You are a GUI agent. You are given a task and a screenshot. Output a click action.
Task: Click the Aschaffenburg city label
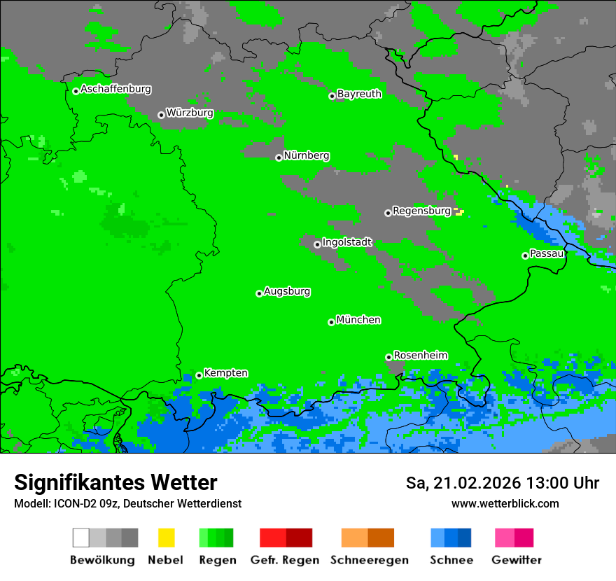115,89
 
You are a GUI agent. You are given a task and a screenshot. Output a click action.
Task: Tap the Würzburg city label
190,113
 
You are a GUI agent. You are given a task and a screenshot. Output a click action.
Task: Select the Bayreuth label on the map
359,94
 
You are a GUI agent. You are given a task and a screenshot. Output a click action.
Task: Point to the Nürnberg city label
307,155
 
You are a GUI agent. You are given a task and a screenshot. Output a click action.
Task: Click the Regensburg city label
421,211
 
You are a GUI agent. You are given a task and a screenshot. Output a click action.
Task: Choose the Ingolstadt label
347,242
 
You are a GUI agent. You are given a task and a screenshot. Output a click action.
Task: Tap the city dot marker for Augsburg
259,293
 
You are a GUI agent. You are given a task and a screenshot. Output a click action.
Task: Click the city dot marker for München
331,322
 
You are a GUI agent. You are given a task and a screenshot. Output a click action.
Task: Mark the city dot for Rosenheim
388,357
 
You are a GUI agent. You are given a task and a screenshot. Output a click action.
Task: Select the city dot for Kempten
199,375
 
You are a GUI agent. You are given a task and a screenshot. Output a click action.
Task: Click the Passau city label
547,253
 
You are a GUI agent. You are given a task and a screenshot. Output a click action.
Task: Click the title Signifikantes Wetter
115,483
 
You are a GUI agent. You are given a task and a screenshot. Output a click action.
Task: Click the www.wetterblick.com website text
505,503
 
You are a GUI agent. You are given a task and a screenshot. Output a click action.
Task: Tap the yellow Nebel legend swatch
166,538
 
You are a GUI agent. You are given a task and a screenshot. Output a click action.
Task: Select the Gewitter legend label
517,560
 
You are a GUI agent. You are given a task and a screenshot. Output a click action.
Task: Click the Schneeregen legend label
370,560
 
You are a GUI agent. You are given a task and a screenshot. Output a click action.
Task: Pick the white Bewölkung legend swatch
81,538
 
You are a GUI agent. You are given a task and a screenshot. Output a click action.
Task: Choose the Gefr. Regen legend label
284,560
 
